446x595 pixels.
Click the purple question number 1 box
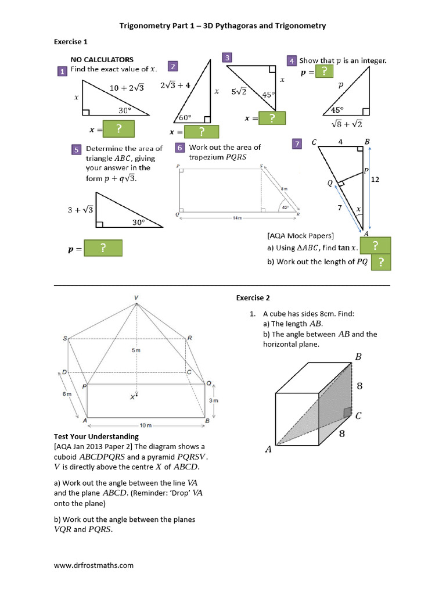(61, 71)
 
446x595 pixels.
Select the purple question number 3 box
(228, 57)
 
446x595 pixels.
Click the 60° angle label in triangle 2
(185, 117)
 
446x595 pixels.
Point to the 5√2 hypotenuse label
(239, 91)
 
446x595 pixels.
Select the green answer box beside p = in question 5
(103, 248)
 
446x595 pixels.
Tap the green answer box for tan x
(375, 246)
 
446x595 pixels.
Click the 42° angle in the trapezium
(285, 207)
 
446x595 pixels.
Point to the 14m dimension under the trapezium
(237, 218)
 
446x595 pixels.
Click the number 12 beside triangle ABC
(375, 180)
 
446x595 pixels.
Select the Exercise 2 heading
(253, 298)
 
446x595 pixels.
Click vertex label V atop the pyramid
(136, 297)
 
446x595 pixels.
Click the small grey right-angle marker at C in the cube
(346, 413)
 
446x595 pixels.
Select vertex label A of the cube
(268, 449)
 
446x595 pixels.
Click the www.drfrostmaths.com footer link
(93, 565)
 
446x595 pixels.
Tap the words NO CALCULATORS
(102, 59)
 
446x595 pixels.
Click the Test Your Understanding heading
(96, 436)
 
